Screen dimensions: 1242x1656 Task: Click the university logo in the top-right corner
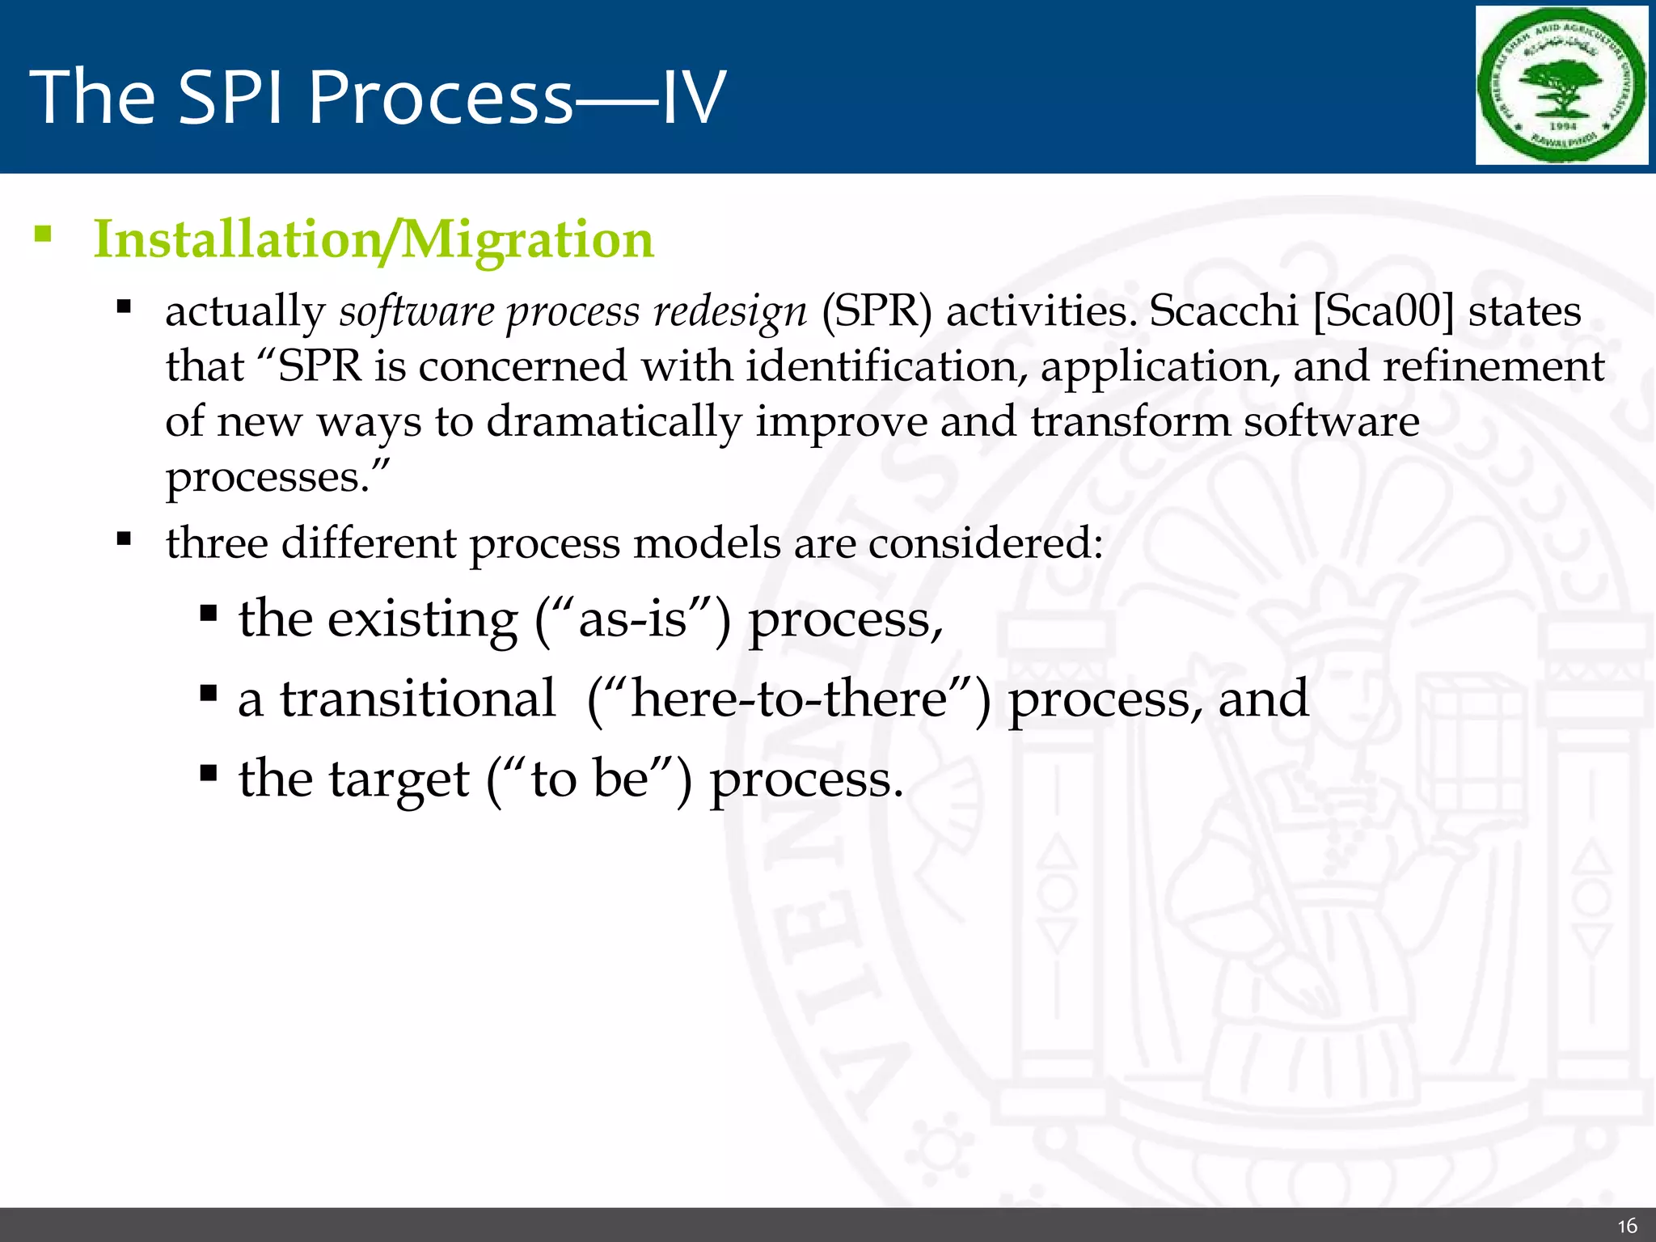pyautogui.click(x=1561, y=86)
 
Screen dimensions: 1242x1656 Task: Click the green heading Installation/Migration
pyautogui.click(x=374, y=240)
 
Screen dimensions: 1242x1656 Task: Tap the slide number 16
pyautogui.click(x=1627, y=1226)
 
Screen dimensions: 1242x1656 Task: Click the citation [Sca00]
pyautogui.click(x=1384, y=311)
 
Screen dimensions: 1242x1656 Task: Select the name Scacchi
pyautogui.click(x=1223, y=311)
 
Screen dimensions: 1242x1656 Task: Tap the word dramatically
pyautogui.click(x=614, y=422)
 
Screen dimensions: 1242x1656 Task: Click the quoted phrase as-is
pyautogui.click(x=632, y=620)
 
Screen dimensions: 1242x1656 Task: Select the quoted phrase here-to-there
pyautogui.click(x=788, y=699)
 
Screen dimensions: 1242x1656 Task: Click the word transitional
pyautogui.click(x=417, y=699)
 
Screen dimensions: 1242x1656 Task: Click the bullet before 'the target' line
pyautogui.click(x=209, y=774)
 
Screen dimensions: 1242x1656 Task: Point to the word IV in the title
pyautogui.click(x=693, y=97)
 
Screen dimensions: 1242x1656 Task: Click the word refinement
pyautogui.click(x=1493, y=366)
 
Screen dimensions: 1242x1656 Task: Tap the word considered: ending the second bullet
pyautogui.click(x=986, y=543)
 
